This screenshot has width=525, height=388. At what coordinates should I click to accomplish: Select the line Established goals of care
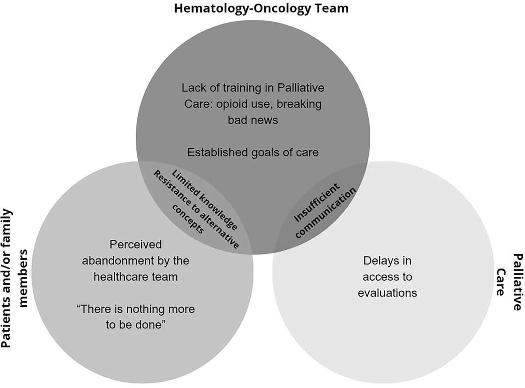tap(253, 152)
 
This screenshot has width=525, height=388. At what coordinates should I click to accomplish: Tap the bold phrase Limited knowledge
tap(206, 199)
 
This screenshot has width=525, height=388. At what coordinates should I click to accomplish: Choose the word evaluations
tap(387, 293)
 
